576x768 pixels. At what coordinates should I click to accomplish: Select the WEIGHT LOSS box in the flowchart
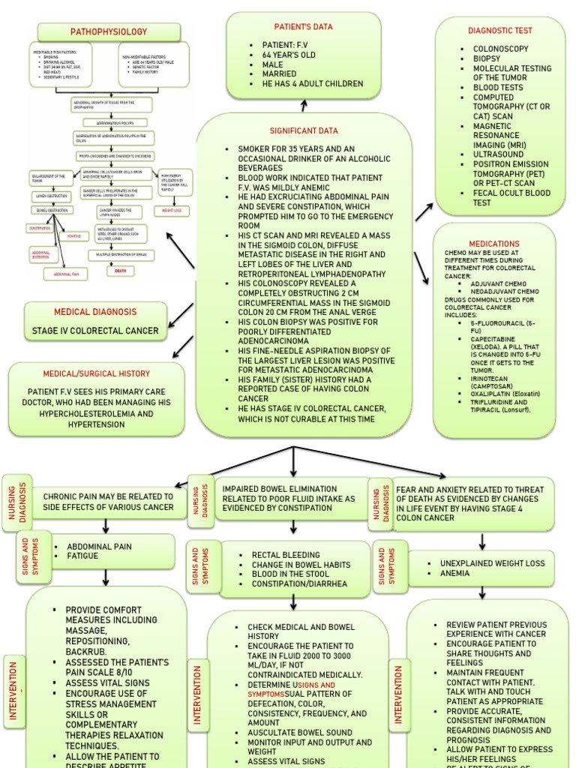click(x=172, y=211)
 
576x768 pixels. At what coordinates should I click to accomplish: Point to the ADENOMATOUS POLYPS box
click(x=111, y=121)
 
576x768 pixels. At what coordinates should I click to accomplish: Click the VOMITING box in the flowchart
click(x=73, y=235)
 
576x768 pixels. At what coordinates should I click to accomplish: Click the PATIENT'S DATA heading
click(x=303, y=27)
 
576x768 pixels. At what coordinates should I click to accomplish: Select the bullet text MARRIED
click(x=279, y=74)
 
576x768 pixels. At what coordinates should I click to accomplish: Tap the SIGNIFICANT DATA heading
click(x=304, y=130)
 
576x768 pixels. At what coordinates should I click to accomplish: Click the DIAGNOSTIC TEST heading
click(x=499, y=31)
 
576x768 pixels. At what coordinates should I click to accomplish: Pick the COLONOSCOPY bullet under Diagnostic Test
click(x=501, y=49)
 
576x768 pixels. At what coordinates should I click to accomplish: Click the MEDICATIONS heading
click(x=493, y=244)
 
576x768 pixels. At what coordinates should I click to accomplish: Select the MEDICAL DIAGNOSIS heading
click(x=94, y=311)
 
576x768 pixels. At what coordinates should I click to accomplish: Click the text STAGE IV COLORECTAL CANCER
click(x=94, y=331)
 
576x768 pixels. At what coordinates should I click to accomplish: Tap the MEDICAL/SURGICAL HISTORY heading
click(x=96, y=373)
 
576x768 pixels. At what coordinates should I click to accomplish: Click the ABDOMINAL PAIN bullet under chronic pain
click(x=99, y=547)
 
